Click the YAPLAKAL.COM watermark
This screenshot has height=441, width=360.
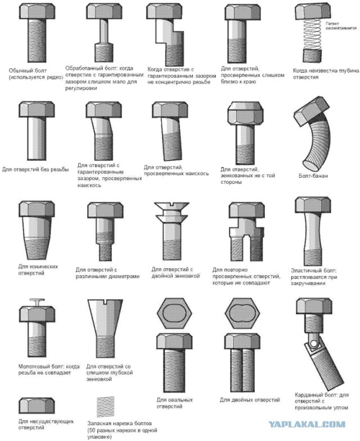tap(307, 424)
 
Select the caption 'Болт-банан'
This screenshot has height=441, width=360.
tap(313, 176)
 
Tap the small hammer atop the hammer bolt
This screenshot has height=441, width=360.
tap(37, 302)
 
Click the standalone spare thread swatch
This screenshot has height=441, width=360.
tap(106, 407)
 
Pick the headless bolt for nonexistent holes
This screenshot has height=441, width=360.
tap(37, 406)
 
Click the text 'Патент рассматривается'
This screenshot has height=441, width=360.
tap(341, 26)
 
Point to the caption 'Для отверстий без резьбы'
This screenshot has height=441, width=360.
tap(35, 170)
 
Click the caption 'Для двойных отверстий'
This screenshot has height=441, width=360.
tap(250, 399)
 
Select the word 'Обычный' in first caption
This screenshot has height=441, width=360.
tap(20, 70)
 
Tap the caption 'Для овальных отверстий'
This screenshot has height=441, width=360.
tap(174, 403)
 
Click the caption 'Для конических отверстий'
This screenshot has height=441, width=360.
tap(38, 270)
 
